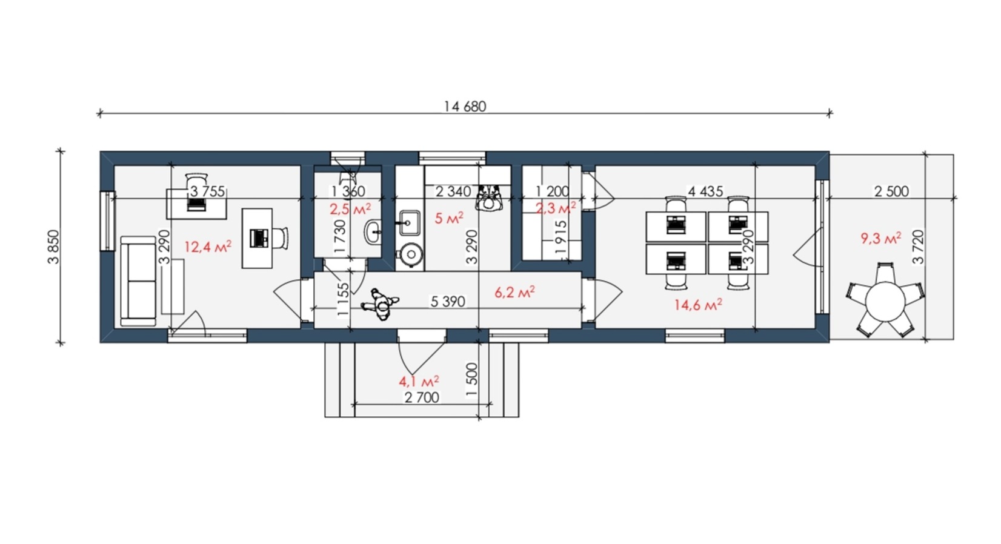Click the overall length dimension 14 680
click(465, 106)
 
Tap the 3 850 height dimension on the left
click(53, 247)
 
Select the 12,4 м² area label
click(208, 246)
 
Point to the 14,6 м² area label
click(698, 305)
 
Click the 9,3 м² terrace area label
click(881, 238)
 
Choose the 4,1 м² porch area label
click(419, 382)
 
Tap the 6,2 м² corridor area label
click(515, 293)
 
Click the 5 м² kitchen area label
click(449, 219)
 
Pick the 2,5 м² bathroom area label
click(350, 208)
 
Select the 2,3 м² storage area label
click(556, 208)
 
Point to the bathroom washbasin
click(373, 231)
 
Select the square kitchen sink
click(408, 222)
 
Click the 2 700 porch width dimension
click(422, 397)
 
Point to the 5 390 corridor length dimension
click(448, 302)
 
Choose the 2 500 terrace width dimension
click(891, 191)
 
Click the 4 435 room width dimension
click(705, 191)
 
